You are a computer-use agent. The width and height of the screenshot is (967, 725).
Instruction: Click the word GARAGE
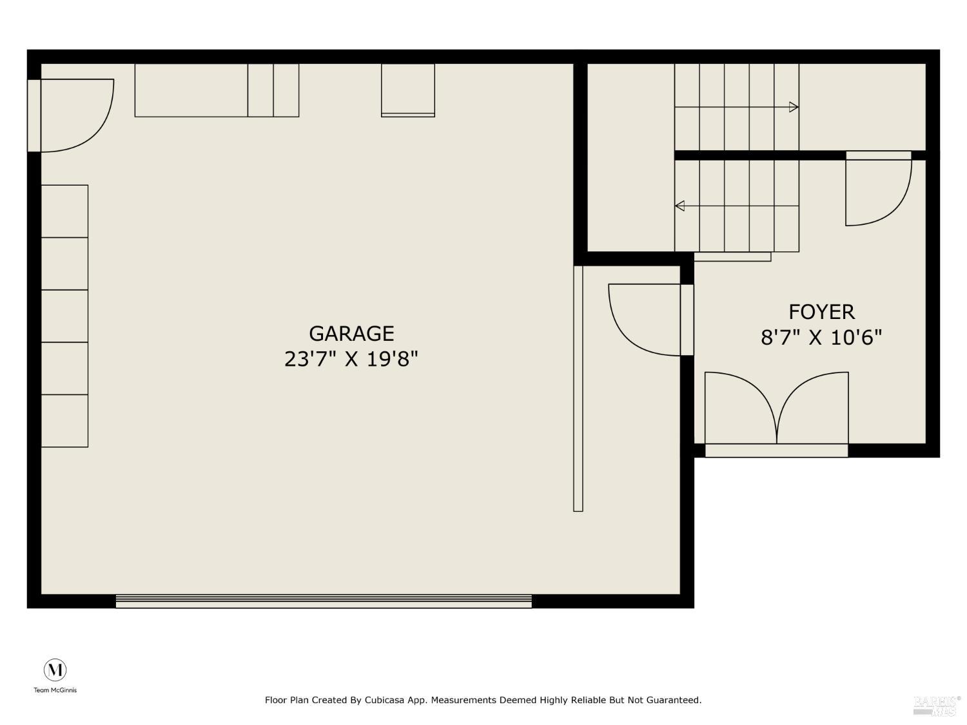pyautogui.click(x=351, y=333)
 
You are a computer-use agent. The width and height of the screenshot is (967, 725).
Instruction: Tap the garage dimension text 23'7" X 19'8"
pyautogui.click(x=351, y=358)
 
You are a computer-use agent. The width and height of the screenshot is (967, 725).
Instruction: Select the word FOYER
pyautogui.click(x=821, y=312)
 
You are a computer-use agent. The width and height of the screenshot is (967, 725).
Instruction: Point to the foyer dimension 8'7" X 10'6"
pyautogui.click(x=821, y=337)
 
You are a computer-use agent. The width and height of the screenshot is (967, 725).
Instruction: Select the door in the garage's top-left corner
pyautogui.click(x=74, y=116)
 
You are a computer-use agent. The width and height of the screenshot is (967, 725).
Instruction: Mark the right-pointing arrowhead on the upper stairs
pyautogui.click(x=794, y=107)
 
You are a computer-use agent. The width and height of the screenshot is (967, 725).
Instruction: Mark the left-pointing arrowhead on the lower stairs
pyautogui.click(x=679, y=206)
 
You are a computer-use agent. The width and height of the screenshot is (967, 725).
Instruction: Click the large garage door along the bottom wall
pyautogui.click(x=324, y=601)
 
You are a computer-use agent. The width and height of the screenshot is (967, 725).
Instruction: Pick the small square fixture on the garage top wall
pyautogui.click(x=408, y=90)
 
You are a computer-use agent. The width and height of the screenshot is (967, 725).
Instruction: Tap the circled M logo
pyautogui.click(x=55, y=670)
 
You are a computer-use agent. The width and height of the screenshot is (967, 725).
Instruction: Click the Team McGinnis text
pyautogui.click(x=55, y=690)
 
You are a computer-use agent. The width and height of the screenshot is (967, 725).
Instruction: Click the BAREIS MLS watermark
pyautogui.click(x=936, y=704)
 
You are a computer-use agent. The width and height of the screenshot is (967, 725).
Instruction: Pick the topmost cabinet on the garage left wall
pyautogui.click(x=64, y=211)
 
